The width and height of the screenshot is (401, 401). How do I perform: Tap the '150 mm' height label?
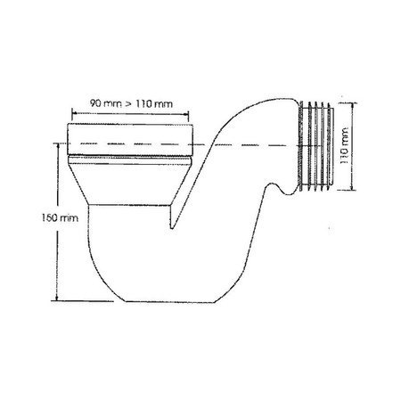(43, 217)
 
